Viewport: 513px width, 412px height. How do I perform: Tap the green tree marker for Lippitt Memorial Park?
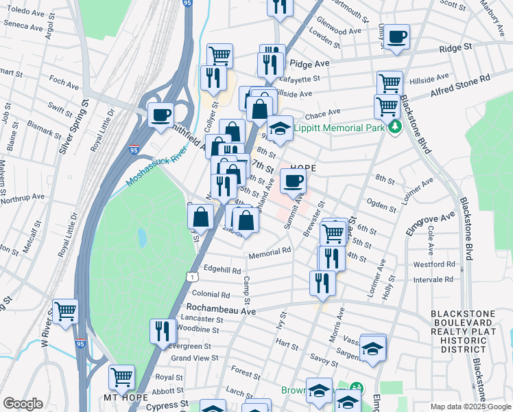tap(394, 128)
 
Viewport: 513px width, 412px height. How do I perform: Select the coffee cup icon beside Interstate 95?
tap(161, 115)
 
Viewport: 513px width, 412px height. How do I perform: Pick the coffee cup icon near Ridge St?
tap(396, 36)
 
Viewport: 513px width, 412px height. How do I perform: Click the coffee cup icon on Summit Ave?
tap(293, 181)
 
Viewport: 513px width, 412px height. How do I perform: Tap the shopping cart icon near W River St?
tap(66, 312)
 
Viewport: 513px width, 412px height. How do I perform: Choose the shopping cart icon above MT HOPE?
tap(121, 376)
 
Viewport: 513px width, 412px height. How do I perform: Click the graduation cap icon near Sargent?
tap(372, 349)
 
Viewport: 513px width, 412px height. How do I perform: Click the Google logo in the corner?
tap(23, 404)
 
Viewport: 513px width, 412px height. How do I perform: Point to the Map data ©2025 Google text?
tap(470, 407)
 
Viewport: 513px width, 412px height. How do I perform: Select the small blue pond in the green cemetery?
tap(141, 238)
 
